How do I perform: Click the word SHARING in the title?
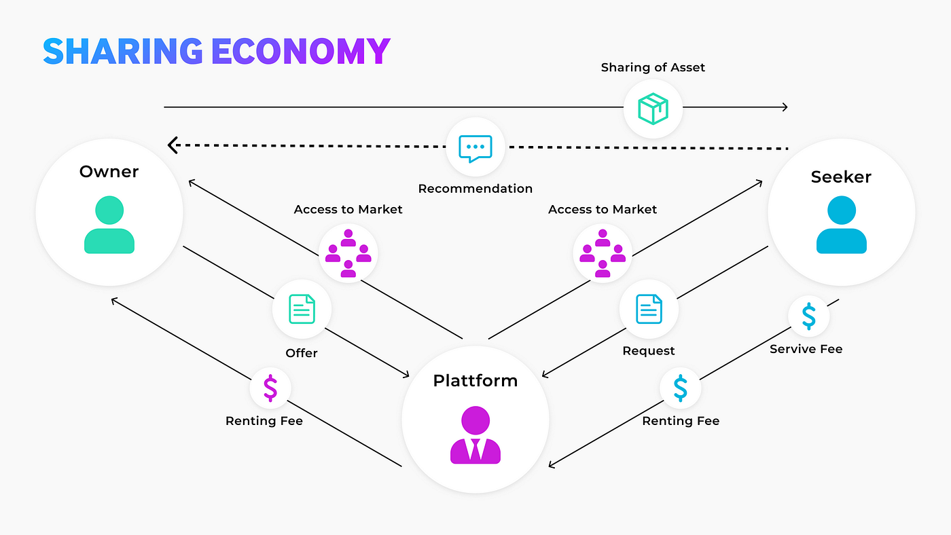coord(122,51)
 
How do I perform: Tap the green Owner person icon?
coord(109,225)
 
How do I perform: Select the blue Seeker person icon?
coord(841,225)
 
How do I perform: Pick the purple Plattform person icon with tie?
coord(475,435)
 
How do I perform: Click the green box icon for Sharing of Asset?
coord(653,109)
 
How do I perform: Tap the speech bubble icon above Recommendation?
coord(475,147)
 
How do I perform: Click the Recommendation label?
coord(475,189)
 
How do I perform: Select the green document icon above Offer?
coord(302,309)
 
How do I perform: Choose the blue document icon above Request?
coord(649,309)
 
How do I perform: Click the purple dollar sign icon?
coord(270,388)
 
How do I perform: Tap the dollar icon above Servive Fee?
coord(808,316)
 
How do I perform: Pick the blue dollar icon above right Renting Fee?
coord(680,388)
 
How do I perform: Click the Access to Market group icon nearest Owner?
coord(348,253)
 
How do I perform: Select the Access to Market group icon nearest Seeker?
coord(603,253)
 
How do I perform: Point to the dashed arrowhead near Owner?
coord(173,144)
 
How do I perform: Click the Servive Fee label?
coord(806,349)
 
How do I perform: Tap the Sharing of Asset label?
coord(653,67)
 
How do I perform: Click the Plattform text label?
coord(475,380)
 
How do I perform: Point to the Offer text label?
coord(302,353)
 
